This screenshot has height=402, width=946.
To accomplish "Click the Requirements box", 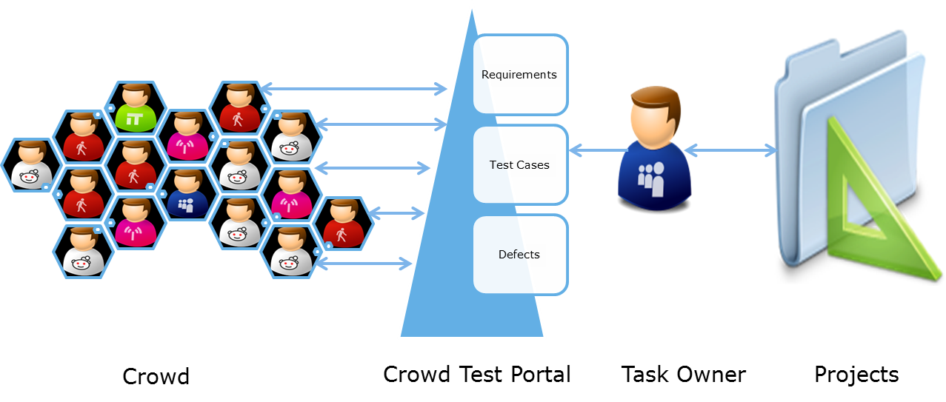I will (519, 75).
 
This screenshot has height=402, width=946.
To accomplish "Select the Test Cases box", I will (519, 165).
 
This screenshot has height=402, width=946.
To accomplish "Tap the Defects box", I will (519, 255).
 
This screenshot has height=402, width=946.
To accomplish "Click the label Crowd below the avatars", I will (156, 376).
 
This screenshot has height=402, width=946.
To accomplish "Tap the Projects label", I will (856, 374).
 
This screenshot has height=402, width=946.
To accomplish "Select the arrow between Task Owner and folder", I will (730, 151).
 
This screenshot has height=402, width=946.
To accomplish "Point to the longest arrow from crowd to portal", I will (354, 90).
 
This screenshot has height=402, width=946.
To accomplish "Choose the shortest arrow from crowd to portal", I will (396, 214).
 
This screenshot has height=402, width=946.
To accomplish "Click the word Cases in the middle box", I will (533, 165).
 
